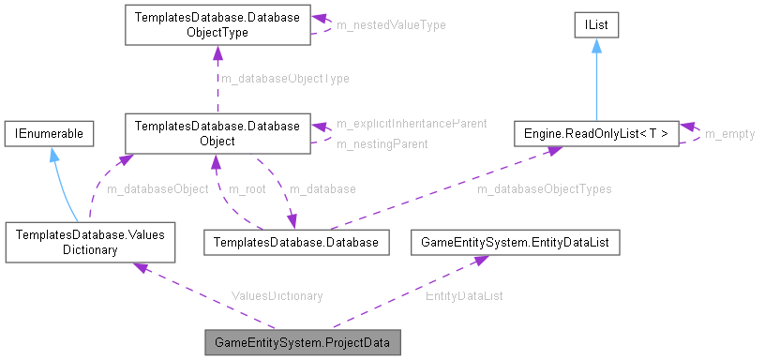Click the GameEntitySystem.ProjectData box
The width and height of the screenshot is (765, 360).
(x=303, y=342)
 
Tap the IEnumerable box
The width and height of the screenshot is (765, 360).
(x=49, y=134)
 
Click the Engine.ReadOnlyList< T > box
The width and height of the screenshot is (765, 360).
(x=595, y=134)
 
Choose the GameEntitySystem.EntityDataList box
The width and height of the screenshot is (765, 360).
(x=516, y=243)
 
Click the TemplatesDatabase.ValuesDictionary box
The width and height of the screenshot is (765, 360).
(x=89, y=243)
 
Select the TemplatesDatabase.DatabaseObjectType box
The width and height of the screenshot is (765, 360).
(x=217, y=25)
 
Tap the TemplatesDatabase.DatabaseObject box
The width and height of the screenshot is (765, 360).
(x=217, y=134)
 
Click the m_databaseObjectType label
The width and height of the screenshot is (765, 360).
(x=284, y=79)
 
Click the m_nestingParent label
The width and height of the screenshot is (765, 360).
(x=382, y=144)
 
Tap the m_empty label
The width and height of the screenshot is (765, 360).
(x=729, y=134)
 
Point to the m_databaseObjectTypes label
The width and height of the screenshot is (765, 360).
(x=544, y=188)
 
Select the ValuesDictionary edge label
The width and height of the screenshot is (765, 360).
(x=277, y=295)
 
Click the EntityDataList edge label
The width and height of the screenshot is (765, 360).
(x=464, y=295)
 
